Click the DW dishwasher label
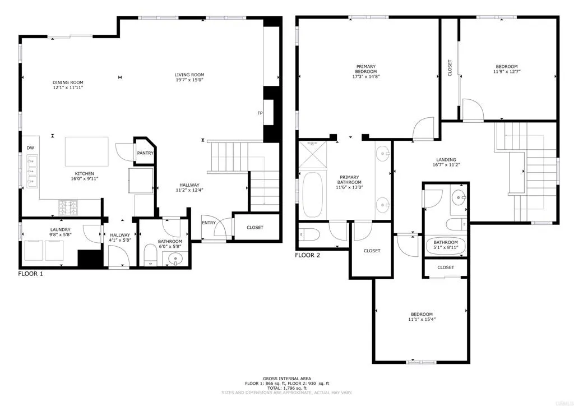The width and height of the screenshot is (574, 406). tap(30, 148)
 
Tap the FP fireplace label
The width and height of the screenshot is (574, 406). tap(260, 113)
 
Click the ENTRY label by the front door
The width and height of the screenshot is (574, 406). tap(209, 223)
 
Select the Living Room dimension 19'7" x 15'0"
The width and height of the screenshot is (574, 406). tap(189, 81)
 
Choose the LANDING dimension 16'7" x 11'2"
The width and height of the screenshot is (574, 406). tap(446, 165)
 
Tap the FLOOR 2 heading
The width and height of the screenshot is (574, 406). tap(307, 256)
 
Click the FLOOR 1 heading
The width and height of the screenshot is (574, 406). tap(30, 274)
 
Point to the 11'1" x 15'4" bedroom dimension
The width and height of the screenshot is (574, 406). tap(421, 320)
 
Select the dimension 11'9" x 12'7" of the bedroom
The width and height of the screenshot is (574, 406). tap(506, 71)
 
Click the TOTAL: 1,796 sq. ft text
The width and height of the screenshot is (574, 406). tap(286, 388)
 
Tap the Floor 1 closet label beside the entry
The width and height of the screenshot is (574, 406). tap(251, 227)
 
